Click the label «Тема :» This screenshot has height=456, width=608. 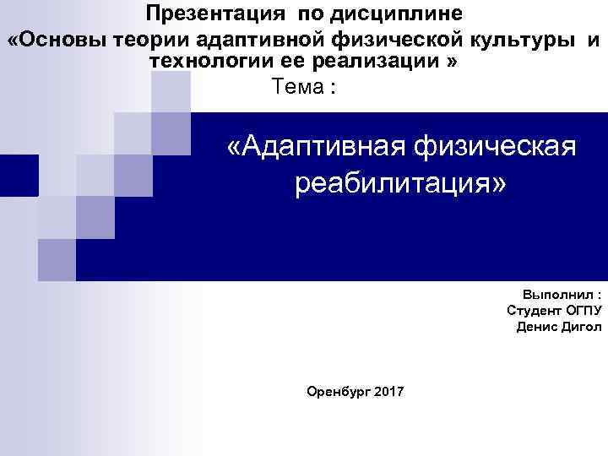304,87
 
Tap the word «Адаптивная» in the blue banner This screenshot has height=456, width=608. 324,149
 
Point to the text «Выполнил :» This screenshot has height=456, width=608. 562,296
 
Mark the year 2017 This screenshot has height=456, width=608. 388,392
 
